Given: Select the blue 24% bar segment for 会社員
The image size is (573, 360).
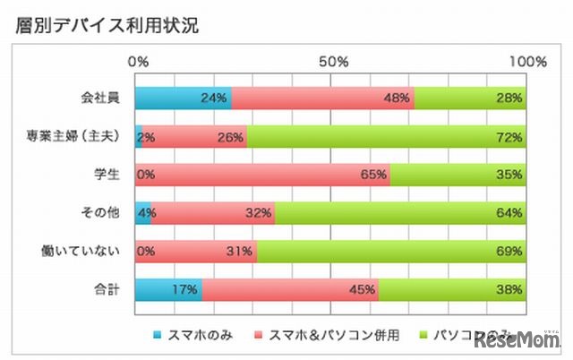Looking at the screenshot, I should (184, 98).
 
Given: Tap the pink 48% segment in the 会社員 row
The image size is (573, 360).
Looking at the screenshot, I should (322, 98).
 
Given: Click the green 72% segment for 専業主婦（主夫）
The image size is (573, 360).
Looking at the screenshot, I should (387, 136).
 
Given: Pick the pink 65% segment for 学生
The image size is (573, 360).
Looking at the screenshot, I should (262, 175).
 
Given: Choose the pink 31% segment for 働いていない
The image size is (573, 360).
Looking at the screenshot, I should (196, 252).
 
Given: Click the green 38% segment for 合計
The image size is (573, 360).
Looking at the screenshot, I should (453, 290).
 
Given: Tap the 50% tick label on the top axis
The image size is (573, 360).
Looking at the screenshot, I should (333, 62).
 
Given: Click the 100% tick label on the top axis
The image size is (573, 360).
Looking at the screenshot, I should (526, 62).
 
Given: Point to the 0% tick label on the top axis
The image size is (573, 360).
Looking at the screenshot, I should (139, 62).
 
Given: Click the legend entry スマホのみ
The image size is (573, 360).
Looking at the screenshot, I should (199, 335).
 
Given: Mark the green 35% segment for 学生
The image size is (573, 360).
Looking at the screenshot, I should (458, 175).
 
